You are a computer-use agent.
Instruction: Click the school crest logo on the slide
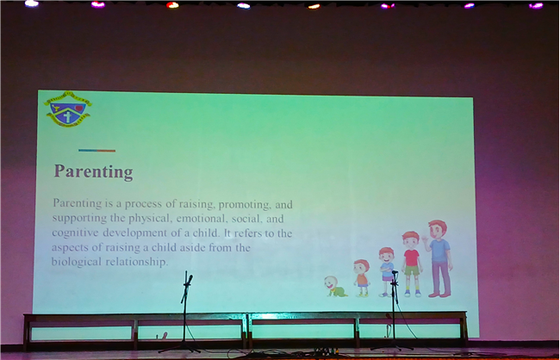pyautogui.click(x=68, y=109)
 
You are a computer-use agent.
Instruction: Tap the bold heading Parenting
pyautogui.click(x=93, y=171)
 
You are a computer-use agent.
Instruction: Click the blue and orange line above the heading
pyautogui.click(x=96, y=151)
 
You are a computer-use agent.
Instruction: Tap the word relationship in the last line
pyautogui.click(x=137, y=262)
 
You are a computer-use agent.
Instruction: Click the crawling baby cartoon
pyautogui.click(x=335, y=287)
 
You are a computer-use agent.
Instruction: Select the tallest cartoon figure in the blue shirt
pyautogui.click(x=438, y=258)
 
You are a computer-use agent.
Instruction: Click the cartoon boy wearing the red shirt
pyautogui.click(x=412, y=264)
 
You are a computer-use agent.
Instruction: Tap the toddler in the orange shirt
pyautogui.click(x=362, y=278)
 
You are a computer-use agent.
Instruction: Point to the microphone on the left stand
pyautogui.click(x=190, y=279)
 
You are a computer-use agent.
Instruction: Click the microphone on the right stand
pyautogui.click(x=395, y=272)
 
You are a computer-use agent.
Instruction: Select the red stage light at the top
pyautogui.click(x=172, y=5)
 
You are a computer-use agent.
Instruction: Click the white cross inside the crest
pyautogui.click(x=67, y=116)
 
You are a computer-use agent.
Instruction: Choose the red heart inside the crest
pyautogui.click(x=79, y=109)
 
